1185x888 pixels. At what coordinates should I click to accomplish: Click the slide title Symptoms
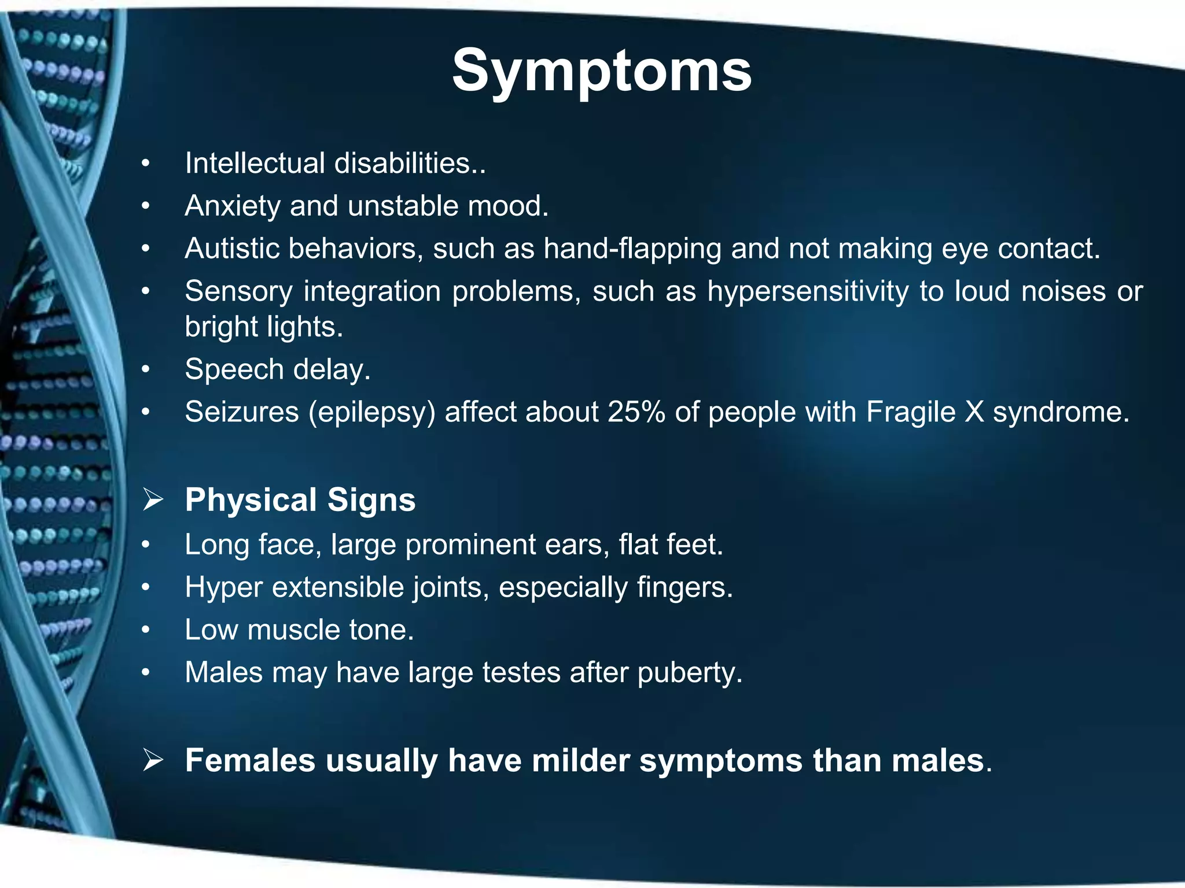(602, 71)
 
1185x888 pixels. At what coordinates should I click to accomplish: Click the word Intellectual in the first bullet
(255, 163)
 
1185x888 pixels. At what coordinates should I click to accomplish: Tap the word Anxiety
(233, 206)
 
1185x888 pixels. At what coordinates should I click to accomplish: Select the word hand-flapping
(632, 249)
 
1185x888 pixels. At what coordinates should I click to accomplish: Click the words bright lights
(263, 327)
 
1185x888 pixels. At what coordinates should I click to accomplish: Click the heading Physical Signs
(300, 500)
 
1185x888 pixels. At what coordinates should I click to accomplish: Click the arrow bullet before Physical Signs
(153, 499)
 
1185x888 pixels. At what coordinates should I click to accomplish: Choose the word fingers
(684, 588)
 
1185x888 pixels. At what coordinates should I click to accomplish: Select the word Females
(250, 760)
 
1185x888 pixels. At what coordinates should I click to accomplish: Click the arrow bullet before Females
(153, 760)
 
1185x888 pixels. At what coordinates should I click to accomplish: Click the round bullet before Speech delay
(146, 369)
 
